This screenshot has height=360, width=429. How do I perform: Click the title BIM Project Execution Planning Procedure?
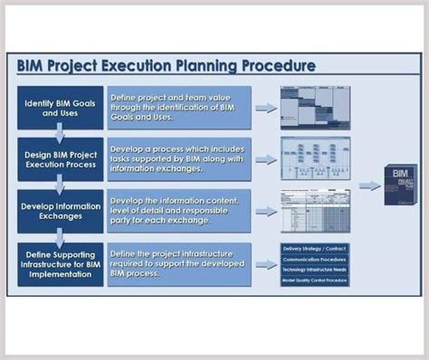(x=167, y=66)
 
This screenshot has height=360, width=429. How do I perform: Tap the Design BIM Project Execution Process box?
(x=59, y=158)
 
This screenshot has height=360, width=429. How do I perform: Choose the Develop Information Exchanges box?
(x=59, y=211)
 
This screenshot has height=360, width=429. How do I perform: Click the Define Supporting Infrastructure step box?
(x=59, y=263)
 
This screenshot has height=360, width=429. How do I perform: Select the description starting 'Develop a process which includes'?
(x=178, y=158)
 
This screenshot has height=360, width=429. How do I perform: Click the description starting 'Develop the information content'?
(x=178, y=211)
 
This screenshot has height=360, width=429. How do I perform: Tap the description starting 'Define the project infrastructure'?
(x=178, y=263)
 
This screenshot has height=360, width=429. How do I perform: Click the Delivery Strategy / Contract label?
(x=315, y=247)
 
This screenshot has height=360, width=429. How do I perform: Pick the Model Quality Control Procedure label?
(x=315, y=280)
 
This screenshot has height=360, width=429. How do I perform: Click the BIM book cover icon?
(x=400, y=185)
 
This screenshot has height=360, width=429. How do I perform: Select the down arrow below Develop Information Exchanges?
(x=59, y=237)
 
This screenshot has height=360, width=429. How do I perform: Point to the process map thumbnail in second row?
(x=315, y=158)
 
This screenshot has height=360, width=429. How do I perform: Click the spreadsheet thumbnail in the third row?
(x=315, y=211)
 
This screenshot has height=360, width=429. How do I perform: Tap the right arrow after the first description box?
(x=266, y=108)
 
